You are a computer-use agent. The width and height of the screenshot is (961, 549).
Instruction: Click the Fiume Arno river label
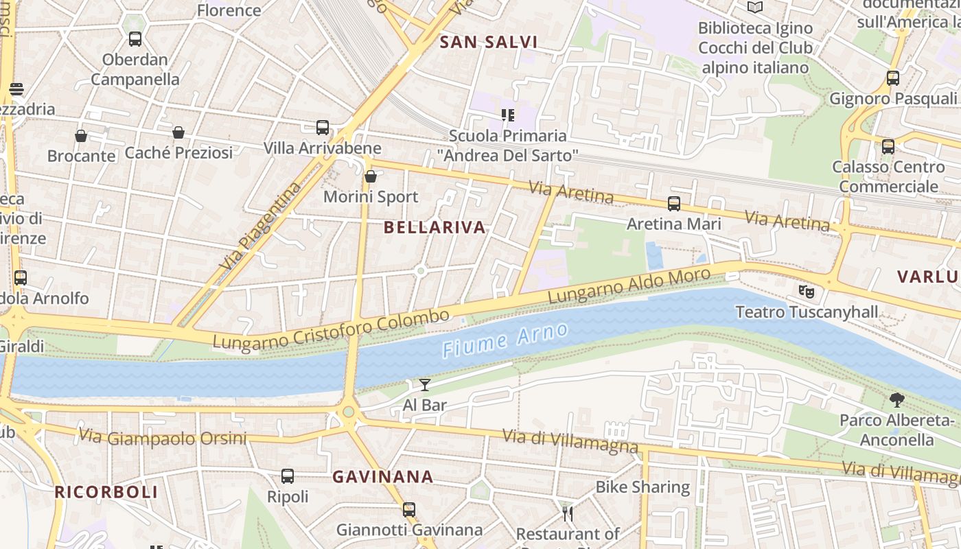click(505, 340)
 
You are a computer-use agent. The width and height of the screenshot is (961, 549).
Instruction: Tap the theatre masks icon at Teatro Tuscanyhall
click(807, 291)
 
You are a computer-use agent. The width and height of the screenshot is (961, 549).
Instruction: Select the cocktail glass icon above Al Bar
click(425, 384)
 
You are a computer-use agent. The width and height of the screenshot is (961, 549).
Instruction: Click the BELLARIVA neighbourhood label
click(435, 227)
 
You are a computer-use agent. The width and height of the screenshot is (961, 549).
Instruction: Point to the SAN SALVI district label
click(488, 42)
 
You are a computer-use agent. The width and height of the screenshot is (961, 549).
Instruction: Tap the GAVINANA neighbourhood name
click(383, 476)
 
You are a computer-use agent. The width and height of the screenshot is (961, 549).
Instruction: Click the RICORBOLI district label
click(106, 491)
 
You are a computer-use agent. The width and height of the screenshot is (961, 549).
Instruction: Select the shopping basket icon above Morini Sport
click(371, 176)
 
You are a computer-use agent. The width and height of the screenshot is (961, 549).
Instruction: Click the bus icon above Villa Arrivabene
click(323, 128)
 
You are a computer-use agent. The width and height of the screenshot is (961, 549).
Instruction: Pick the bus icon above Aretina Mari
click(674, 204)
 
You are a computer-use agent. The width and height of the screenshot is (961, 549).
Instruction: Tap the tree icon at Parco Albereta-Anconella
click(896, 399)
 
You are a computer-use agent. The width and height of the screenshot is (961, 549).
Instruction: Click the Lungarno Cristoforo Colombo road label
click(331, 329)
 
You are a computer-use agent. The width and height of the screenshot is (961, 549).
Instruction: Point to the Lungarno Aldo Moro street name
click(629, 285)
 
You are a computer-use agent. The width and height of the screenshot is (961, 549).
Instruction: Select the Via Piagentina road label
click(262, 225)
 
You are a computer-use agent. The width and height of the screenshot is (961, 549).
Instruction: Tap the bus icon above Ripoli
click(288, 476)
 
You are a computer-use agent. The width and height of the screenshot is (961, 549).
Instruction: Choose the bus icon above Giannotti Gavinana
click(409, 509)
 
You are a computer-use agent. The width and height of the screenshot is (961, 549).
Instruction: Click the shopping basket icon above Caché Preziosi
click(178, 132)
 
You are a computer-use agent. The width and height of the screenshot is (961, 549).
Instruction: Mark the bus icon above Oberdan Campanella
click(135, 39)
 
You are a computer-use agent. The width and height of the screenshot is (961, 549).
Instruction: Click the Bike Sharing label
click(642, 487)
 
